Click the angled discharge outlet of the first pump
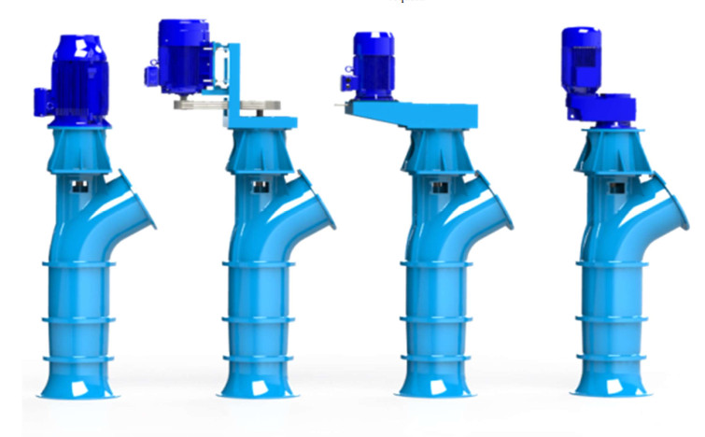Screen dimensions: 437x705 pos(140,201)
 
